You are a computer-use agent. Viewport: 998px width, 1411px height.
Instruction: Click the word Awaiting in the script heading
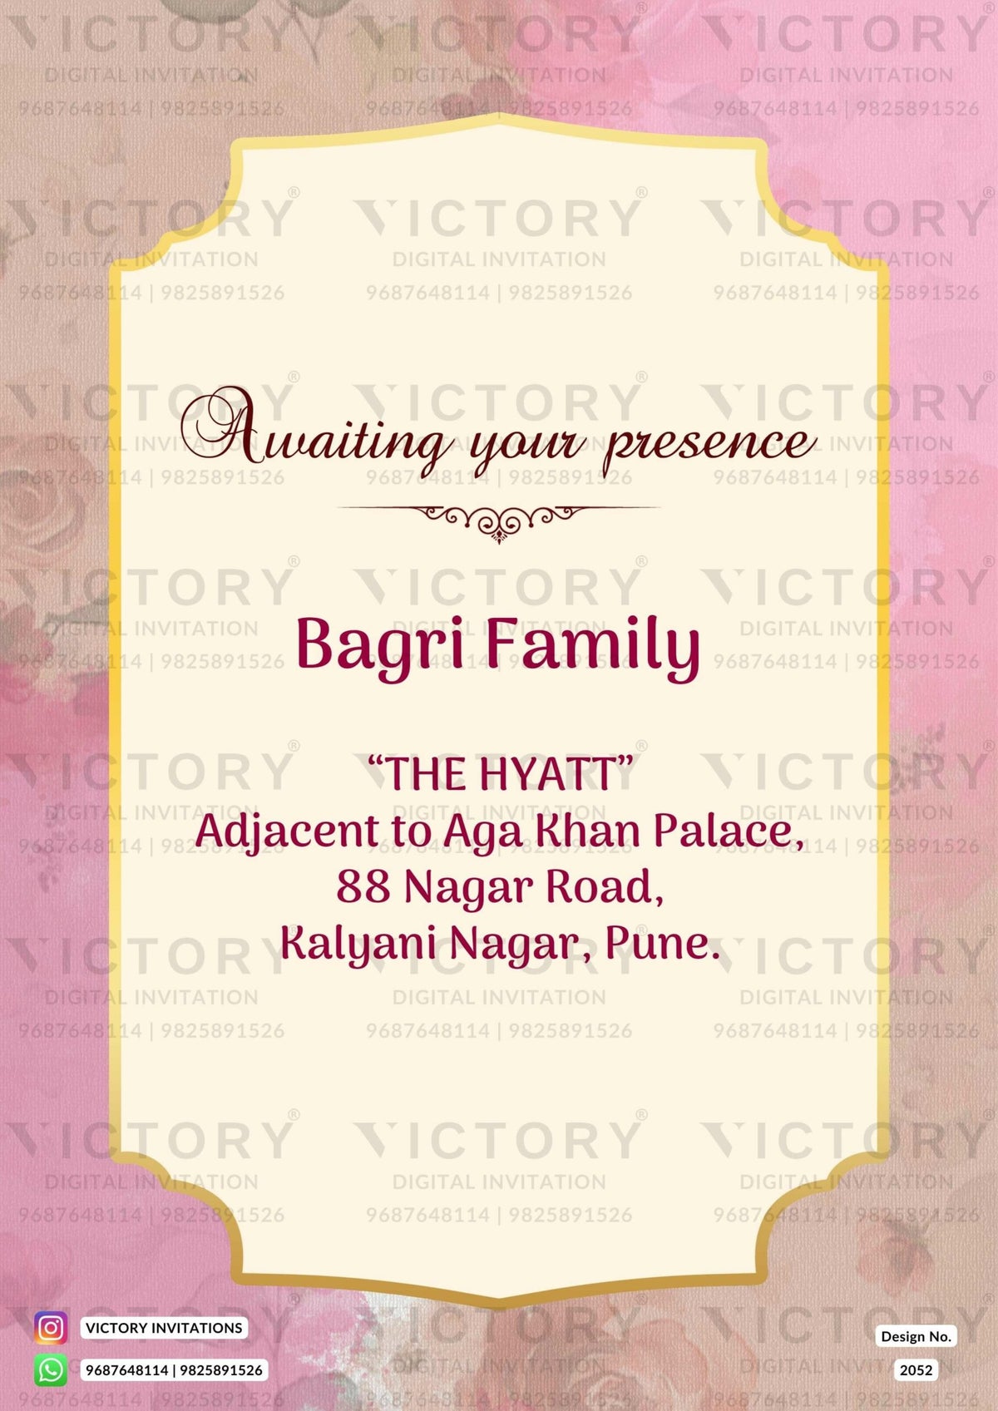point(316,432)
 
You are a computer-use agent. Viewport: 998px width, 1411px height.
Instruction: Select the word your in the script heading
point(529,447)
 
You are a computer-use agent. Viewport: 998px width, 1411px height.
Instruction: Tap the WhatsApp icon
point(51,1370)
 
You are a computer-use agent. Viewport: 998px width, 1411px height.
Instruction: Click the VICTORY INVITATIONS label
point(164,1328)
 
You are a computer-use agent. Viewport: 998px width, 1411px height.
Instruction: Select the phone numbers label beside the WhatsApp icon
point(174,1370)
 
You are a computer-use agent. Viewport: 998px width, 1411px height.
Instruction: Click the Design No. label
point(916,1337)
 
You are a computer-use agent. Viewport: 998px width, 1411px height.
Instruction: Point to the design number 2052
point(916,1370)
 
